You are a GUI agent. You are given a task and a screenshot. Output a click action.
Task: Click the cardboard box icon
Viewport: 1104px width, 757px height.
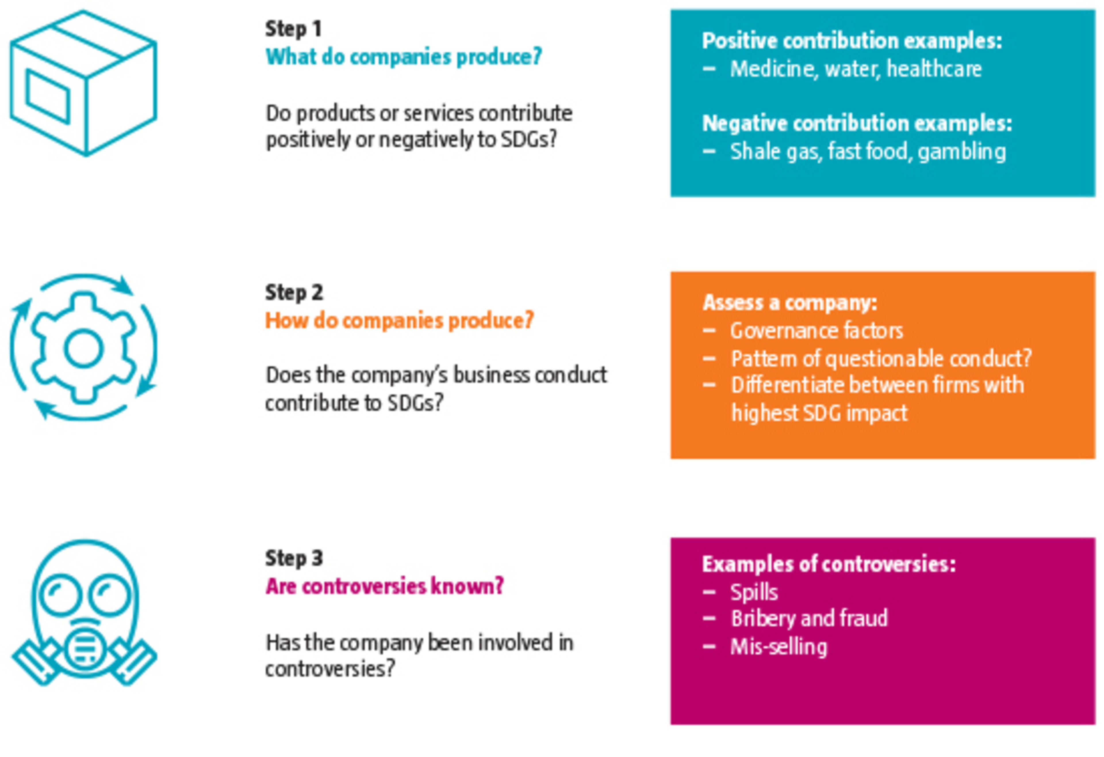coord(84,83)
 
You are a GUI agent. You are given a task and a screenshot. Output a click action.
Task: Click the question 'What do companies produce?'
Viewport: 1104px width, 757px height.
coord(403,57)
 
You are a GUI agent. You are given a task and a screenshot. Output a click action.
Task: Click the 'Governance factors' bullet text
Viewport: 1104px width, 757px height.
coord(816,331)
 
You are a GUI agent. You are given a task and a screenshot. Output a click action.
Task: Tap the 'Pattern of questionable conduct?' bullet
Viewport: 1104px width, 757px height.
coord(881,359)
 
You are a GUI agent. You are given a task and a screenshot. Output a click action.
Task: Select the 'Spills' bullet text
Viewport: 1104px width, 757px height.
coord(754,592)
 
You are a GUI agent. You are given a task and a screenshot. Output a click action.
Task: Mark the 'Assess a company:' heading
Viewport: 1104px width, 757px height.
coord(789,303)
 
